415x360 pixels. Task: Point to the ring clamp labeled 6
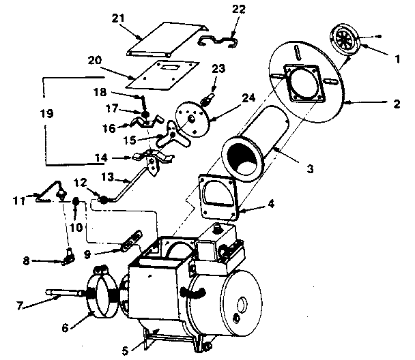[x=106, y=295]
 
